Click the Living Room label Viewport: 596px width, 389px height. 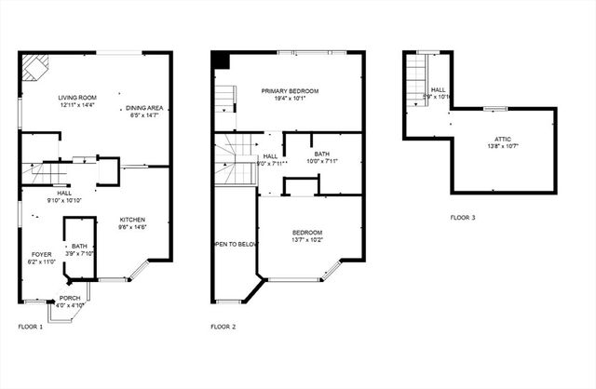[78, 96]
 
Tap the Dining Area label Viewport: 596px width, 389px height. [142, 109]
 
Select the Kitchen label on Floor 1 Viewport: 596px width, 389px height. [131, 220]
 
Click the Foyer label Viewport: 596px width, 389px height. [41, 253]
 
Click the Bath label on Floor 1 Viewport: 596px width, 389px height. [78, 246]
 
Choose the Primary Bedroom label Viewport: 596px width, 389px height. [290, 90]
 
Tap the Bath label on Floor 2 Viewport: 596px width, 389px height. [321, 154]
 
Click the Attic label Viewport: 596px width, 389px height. [502, 139]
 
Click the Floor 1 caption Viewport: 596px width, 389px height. [31, 327]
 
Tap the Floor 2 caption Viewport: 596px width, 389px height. [223, 327]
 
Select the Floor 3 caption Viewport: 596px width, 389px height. [463, 218]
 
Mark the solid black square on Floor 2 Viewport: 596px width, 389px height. [221, 60]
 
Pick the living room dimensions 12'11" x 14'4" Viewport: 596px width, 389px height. [78, 105]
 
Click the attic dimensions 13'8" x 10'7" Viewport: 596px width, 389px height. [502, 146]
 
